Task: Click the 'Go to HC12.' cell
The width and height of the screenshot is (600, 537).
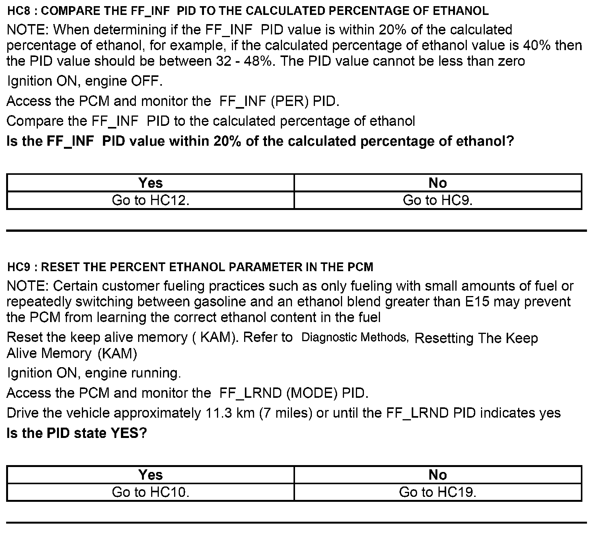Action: tap(150, 200)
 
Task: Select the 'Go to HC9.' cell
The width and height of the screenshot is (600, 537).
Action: tap(438, 200)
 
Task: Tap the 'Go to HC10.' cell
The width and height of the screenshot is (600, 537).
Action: tap(150, 492)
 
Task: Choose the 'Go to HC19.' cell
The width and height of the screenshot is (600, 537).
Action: tap(438, 492)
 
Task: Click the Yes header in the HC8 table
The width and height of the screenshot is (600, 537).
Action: tap(150, 183)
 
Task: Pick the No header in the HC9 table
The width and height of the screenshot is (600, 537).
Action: tap(438, 475)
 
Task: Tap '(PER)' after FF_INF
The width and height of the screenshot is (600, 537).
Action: tap(290, 101)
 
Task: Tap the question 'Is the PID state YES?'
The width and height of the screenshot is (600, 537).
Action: tap(77, 433)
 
